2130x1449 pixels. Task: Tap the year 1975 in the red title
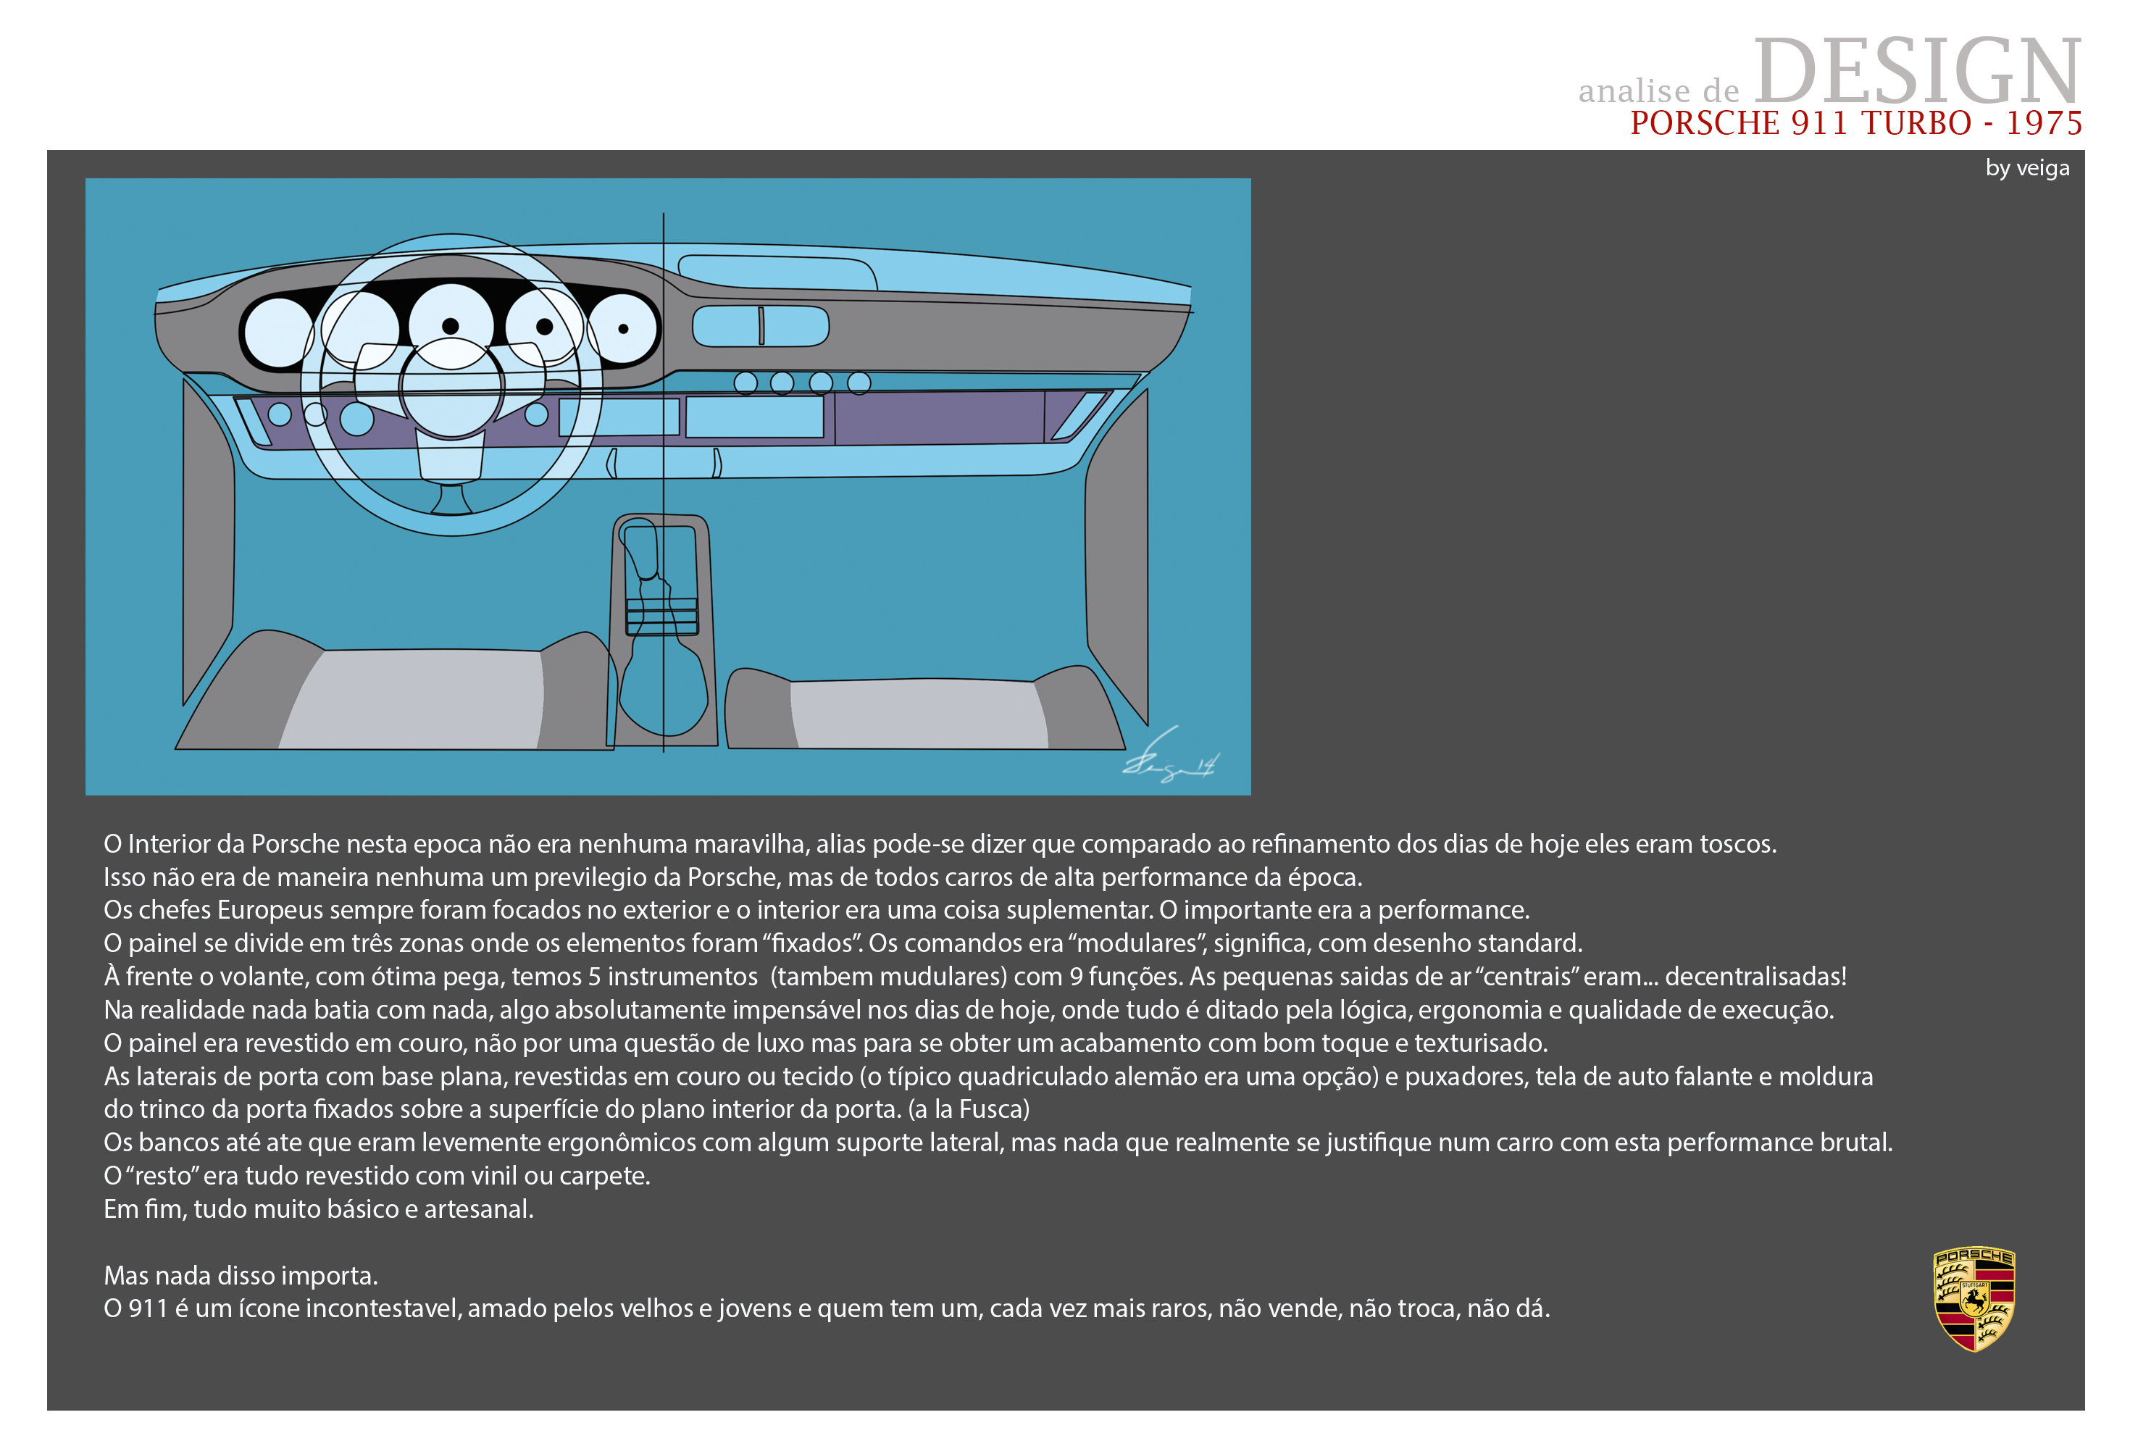click(2044, 123)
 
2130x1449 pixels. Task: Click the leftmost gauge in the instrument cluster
click(279, 331)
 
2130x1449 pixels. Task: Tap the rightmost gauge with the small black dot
click(623, 328)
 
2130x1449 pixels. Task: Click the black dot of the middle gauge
click(450, 326)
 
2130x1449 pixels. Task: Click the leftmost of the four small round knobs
click(746, 383)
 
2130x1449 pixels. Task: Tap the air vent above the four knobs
click(761, 326)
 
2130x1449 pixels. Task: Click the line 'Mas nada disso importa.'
click(241, 1275)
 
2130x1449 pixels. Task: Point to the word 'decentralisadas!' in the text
click(1755, 976)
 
